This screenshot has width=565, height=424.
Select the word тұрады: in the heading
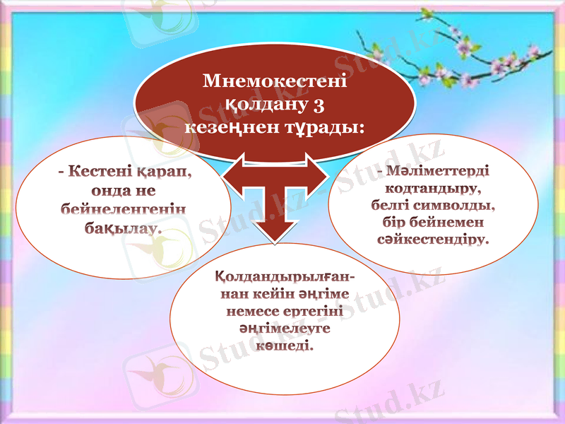click(330, 128)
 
